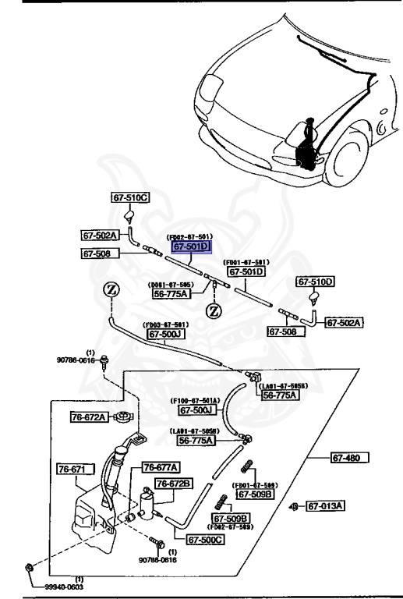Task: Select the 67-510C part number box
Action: coord(130,199)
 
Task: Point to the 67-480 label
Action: coord(349,457)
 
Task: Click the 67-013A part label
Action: coord(325,506)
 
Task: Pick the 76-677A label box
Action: coord(160,467)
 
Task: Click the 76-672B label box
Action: coord(172,484)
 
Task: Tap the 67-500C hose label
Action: coord(205,539)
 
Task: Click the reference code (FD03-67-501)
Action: coord(164,325)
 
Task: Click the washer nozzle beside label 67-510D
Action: coord(314,297)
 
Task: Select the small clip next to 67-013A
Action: coord(295,507)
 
